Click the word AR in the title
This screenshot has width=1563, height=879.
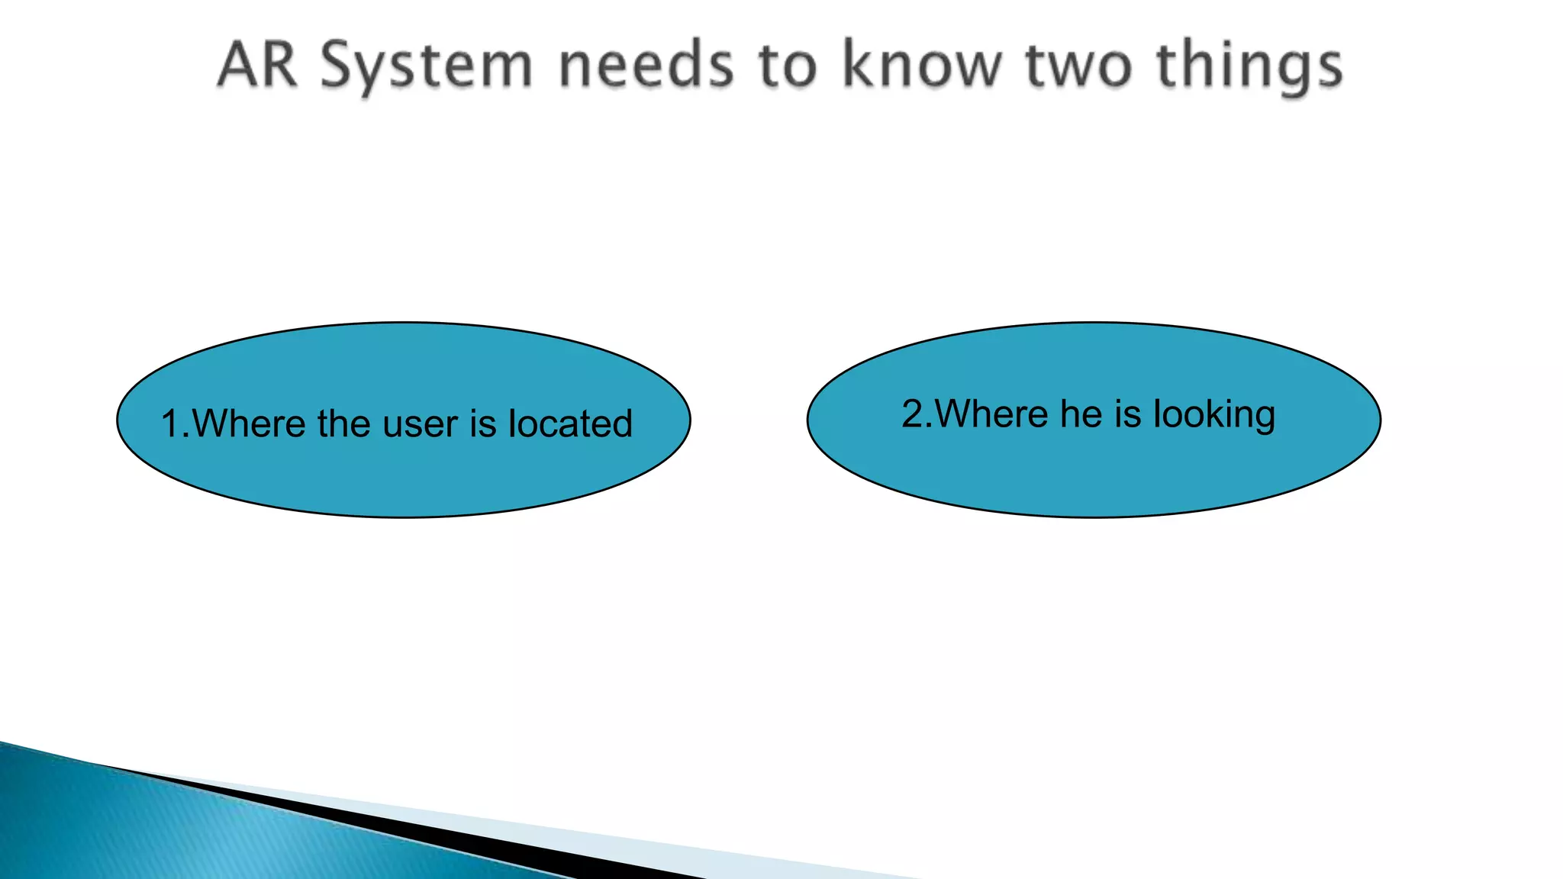click(x=257, y=65)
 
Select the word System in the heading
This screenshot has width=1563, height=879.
click(x=426, y=67)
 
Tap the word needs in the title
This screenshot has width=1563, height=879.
click(x=646, y=65)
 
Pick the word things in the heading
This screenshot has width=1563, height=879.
click(x=1249, y=67)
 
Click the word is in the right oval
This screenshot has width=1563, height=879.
click(x=1128, y=414)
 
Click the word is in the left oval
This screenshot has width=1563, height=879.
click(x=482, y=423)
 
